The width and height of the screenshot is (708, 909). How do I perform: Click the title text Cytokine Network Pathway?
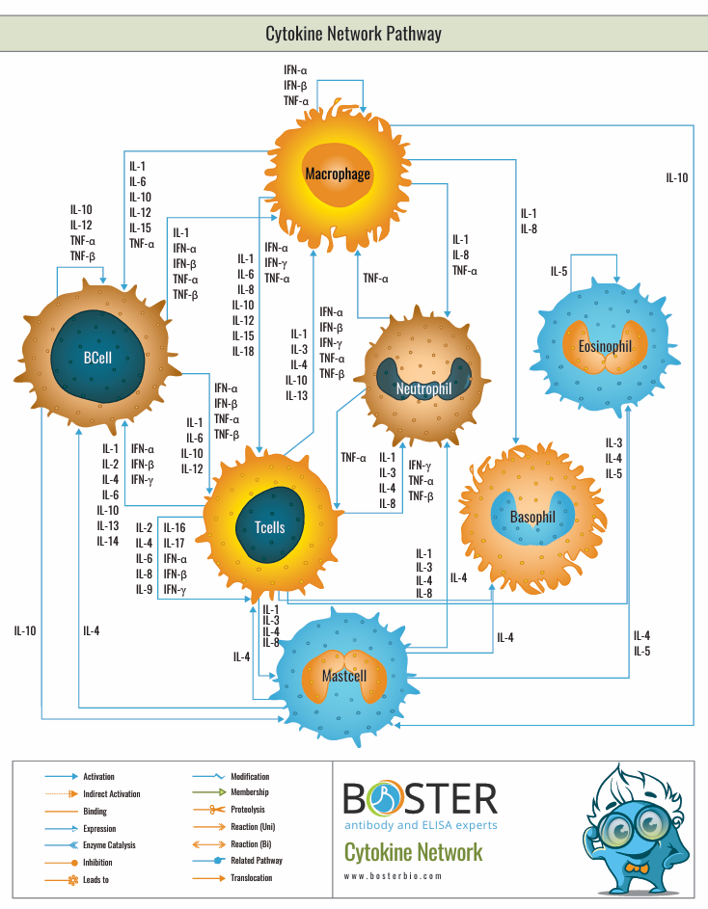353,34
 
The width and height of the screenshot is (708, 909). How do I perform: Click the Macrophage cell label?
338,174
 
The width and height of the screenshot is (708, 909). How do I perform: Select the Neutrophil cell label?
422,389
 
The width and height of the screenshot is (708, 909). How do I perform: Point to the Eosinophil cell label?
605,346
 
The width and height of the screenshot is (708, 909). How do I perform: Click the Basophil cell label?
532,518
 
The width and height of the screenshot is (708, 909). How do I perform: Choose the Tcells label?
269,527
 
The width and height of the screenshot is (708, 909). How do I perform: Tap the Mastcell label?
344,676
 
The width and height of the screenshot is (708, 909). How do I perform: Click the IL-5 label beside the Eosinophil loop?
559,272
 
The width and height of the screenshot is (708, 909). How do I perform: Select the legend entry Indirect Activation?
111,794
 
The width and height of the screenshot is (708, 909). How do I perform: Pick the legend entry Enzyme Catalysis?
109,845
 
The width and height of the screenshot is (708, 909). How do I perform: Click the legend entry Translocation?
251,878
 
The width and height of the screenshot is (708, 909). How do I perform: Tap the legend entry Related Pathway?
257,861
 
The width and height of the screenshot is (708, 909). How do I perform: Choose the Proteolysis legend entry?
247,810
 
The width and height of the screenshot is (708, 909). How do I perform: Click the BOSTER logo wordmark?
421,798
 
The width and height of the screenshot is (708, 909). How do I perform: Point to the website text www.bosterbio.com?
393,876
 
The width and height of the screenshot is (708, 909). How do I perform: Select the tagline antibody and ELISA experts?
421,825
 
